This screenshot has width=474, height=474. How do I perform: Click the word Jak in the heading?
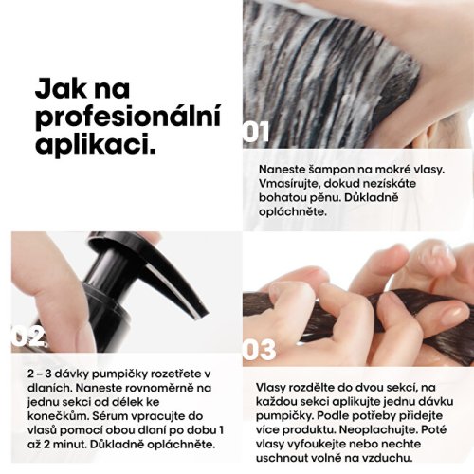click(61, 89)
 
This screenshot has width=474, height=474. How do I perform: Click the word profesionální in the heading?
click(128, 118)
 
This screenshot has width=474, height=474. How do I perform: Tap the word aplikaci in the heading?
click(96, 144)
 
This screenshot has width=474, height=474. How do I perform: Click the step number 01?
click(256, 132)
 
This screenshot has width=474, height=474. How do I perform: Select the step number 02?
click(29, 336)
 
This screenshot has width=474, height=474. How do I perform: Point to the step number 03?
click(259, 350)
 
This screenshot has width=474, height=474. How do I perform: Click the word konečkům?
click(57, 416)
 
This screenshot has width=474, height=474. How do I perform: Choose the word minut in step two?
click(69, 445)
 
